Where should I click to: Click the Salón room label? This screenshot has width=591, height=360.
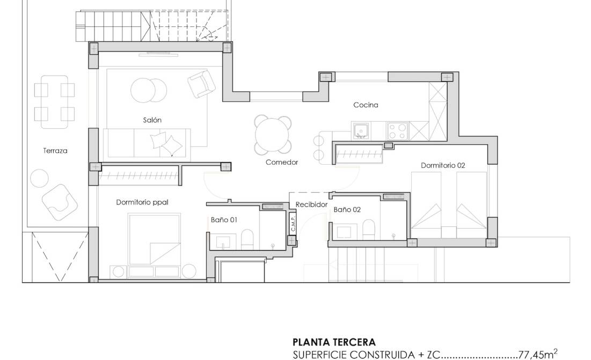click(152, 120)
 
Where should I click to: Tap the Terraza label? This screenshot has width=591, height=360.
click(55, 151)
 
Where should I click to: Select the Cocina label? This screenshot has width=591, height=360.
click(366, 105)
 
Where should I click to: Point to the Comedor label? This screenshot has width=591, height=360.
click(281, 162)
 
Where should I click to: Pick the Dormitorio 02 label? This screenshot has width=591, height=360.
click(442, 166)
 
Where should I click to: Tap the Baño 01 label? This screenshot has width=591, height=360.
click(224, 220)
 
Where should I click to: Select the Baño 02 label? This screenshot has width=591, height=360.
click(347, 210)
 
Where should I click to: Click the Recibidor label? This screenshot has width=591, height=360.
click(311, 204)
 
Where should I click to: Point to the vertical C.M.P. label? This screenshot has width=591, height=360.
click(293, 223)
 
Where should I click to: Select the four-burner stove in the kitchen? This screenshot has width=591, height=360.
click(398, 131)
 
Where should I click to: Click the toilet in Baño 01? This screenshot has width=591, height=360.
click(247, 239)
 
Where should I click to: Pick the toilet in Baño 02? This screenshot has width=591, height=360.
click(369, 229)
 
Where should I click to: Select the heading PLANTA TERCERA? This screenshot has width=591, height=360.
click(334, 342)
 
